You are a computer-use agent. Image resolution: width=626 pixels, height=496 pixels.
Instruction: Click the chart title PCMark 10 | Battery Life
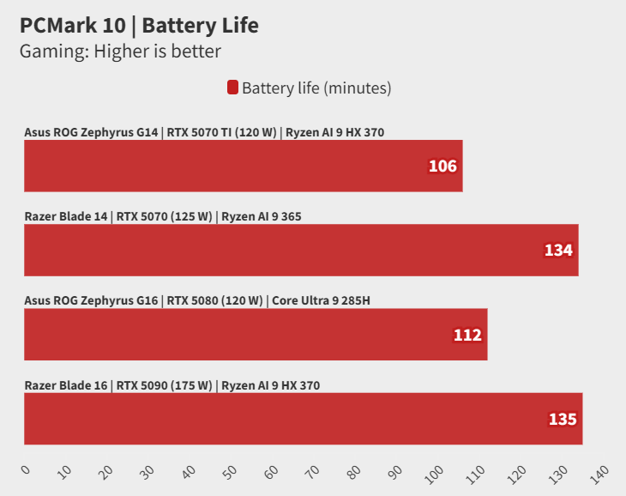coord(139,26)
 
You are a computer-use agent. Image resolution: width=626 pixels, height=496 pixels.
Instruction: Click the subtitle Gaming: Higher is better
coord(120,51)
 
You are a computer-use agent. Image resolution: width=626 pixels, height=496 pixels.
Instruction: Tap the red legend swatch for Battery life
coord(232,88)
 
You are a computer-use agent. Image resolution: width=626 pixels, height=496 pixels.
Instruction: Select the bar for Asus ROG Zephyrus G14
coord(243,166)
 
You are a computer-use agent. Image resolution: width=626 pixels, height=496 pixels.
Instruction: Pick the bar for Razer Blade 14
coord(301,250)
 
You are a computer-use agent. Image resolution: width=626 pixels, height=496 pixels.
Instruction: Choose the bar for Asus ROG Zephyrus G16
coord(256,335)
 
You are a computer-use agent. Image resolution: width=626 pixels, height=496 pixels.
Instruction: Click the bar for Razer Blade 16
coord(303,419)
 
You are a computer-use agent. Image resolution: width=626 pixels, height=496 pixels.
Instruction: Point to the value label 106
coord(442,166)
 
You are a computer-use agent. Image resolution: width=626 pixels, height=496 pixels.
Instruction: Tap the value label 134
coord(558,251)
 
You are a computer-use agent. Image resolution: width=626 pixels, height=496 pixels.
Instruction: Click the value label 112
coord(467,335)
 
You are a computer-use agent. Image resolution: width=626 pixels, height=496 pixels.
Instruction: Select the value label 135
coord(563,420)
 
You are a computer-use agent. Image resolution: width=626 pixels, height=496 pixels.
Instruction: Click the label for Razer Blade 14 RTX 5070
coord(163,217)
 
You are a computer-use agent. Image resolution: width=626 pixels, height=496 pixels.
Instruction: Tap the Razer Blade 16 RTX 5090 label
coord(172,385)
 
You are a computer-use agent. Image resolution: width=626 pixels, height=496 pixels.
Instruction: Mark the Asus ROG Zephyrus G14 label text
coord(204,133)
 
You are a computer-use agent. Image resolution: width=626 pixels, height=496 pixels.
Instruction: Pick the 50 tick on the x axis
coord(229,471)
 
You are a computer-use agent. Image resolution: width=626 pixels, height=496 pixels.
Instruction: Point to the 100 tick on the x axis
coord(431,473)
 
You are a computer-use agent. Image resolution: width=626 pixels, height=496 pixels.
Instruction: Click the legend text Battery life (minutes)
coord(316,88)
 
